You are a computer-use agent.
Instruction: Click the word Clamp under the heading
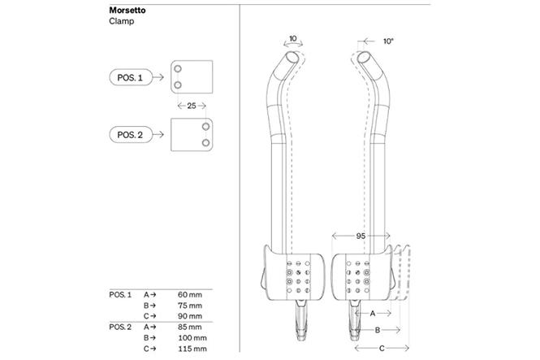click(121, 22)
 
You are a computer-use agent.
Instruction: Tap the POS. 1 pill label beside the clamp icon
click(130, 77)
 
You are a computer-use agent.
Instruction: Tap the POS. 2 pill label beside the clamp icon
click(130, 134)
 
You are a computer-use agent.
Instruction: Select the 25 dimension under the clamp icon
click(190, 106)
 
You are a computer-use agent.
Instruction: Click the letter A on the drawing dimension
click(372, 312)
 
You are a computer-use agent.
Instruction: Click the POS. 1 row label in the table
click(119, 293)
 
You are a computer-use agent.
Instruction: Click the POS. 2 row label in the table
click(119, 327)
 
